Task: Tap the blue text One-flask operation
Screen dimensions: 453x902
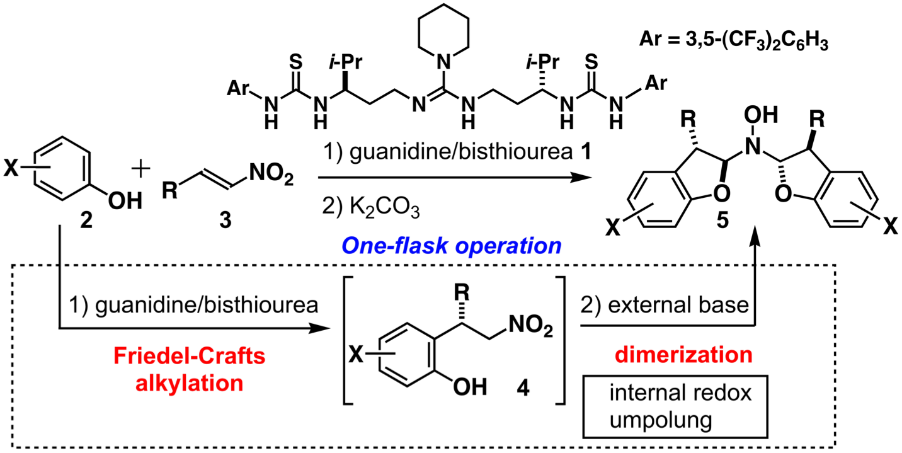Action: [451, 245]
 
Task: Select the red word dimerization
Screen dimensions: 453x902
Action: [692, 354]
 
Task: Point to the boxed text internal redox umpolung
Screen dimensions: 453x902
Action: [680, 405]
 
